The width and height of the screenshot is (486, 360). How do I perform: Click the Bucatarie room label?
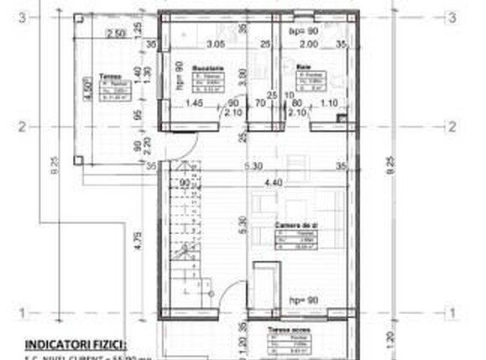[206, 68]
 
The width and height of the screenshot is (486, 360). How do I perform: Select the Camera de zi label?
[295, 227]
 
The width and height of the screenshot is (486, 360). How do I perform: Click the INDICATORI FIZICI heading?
[76, 344]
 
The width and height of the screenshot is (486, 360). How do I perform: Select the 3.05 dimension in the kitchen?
[216, 44]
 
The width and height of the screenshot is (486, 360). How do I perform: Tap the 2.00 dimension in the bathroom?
[310, 44]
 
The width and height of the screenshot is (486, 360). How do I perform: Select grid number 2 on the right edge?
[452, 127]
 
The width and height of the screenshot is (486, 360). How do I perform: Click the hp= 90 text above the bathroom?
[300, 31]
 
